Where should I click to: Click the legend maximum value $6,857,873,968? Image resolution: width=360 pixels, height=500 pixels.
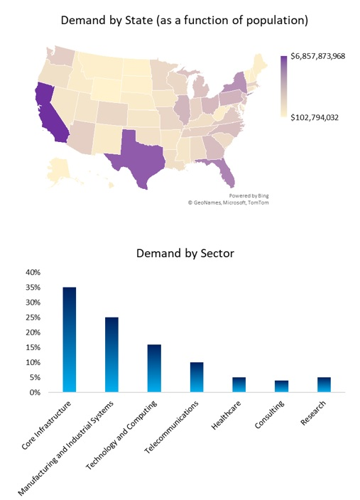tap(317, 55)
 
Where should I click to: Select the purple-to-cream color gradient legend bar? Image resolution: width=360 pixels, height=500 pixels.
tap(284, 86)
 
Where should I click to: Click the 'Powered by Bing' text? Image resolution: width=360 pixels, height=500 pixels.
tap(249, 195)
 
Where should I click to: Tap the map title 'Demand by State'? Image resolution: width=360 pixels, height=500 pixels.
tap(184, 21)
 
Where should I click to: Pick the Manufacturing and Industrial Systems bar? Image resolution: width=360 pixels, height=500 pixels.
tap(111, 354)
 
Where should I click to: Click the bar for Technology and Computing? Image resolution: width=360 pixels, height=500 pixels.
tap(154, 368)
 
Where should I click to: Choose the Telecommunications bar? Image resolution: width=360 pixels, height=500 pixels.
tap(197, 377)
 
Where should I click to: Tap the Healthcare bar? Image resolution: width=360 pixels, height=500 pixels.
tap(239, 385)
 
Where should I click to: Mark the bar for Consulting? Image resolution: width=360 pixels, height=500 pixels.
tap(282, 386)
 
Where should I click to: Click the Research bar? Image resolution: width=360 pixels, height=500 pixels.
tap(324, 385)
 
